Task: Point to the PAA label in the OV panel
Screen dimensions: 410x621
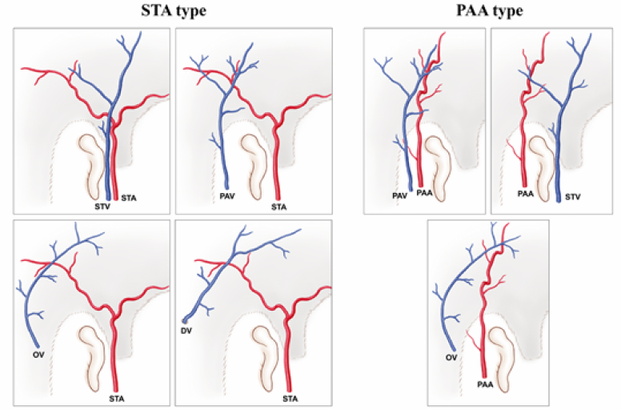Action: click(485, 385)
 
